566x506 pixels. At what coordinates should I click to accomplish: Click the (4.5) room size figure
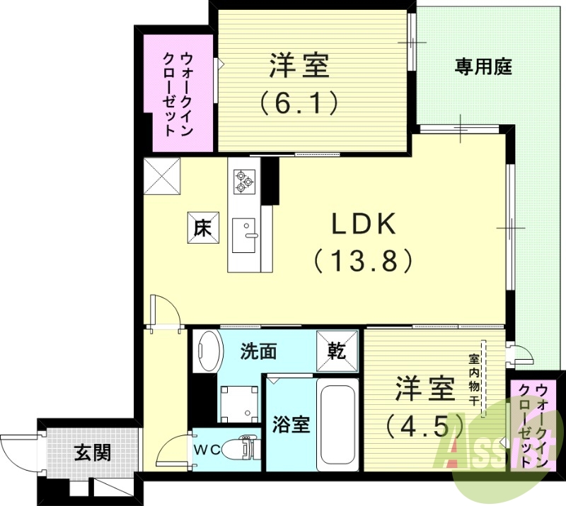point(424,425)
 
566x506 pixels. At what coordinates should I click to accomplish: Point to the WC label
point(206,447)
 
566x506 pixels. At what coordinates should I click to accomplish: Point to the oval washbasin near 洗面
point(209,351)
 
